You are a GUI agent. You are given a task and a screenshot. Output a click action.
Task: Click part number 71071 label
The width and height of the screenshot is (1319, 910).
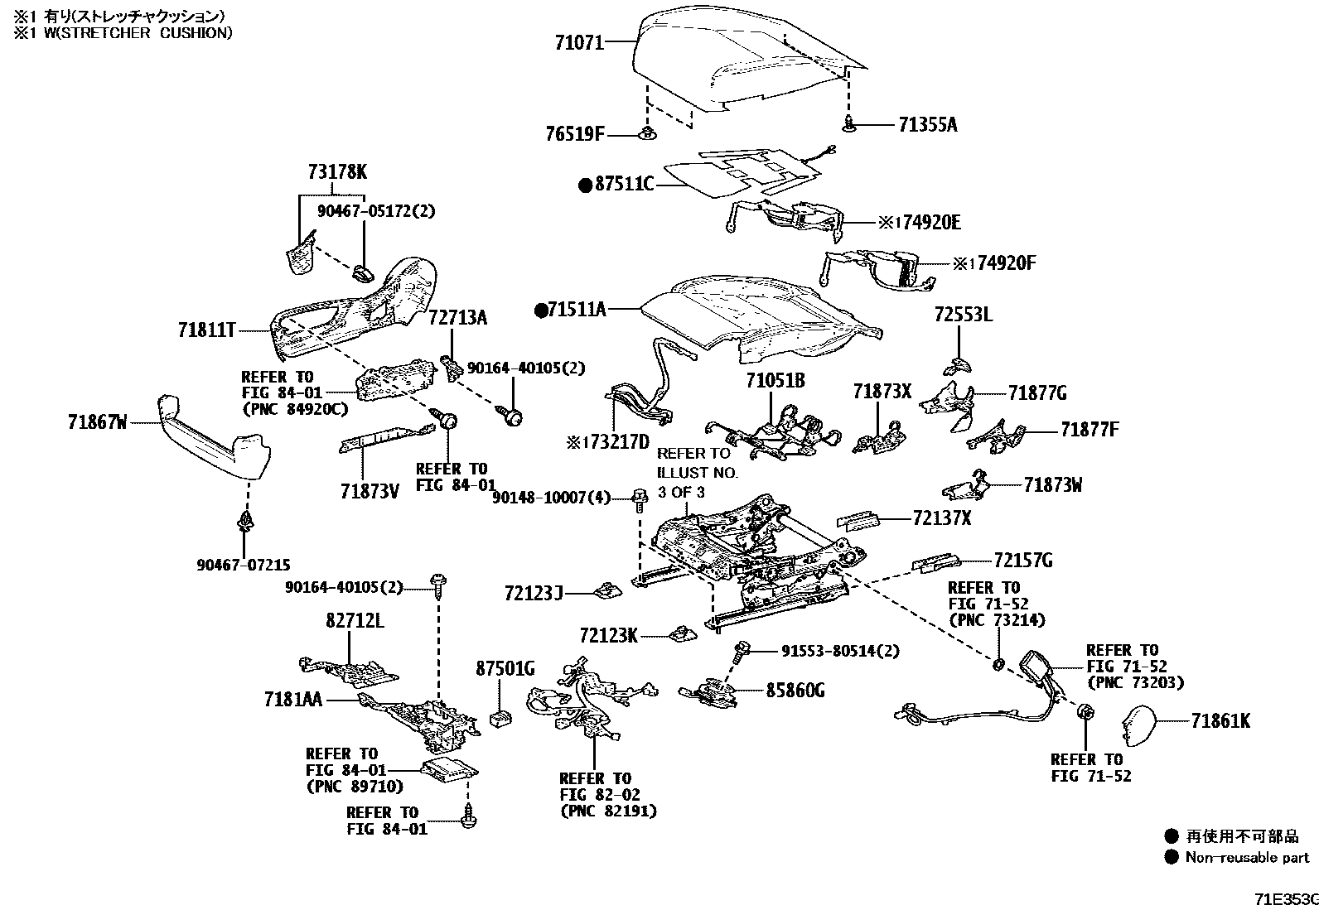coord(579,41)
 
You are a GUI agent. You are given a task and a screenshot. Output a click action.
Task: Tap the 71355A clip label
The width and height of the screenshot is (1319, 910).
coord(927,125)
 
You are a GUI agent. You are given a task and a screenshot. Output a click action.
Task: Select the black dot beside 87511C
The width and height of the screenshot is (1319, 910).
coord(586,185)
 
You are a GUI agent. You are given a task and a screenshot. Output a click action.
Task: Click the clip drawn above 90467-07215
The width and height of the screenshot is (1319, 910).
coord(245,522)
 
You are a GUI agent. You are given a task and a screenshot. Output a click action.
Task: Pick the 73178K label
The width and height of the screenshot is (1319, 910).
coord(336,172)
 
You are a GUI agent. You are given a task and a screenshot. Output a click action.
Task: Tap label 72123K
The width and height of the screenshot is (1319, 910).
coord(609,636)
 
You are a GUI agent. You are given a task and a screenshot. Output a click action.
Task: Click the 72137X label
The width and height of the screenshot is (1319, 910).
coord(941,518)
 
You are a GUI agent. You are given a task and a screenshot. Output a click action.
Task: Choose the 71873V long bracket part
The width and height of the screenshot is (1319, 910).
coord(386,436)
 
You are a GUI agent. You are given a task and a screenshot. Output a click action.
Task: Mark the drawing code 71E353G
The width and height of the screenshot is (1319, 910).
coord(1285,899)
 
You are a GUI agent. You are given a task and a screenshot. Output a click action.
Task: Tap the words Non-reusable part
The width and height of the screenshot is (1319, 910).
coord(1247,858)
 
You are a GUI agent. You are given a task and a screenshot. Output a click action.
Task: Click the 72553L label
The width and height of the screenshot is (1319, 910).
coord(963,315)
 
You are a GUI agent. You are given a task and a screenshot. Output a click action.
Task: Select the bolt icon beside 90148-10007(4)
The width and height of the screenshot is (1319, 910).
coord(639,498)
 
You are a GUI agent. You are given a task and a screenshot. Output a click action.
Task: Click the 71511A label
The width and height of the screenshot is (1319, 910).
coord(577,311)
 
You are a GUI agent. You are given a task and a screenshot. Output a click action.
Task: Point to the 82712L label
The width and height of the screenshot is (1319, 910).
coord(354,621)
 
